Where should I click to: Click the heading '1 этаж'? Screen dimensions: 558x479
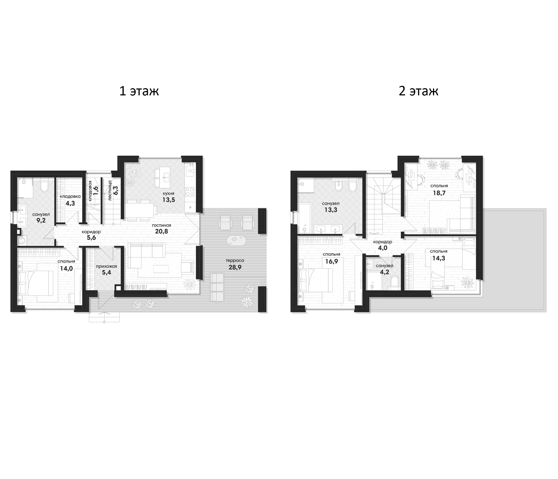tap(139, 91)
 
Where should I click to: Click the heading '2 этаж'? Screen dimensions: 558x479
tap(418, 91)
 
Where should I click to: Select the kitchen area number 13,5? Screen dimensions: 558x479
tap(169, 200)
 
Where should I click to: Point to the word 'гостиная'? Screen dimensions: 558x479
tap(161, 225)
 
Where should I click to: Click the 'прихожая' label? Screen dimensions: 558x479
tap(106, 266)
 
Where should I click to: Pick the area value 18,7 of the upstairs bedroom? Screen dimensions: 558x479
tap(439, 193)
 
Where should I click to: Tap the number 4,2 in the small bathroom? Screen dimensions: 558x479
tap(384, 272)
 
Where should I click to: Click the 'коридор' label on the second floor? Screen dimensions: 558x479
tap(383, 242)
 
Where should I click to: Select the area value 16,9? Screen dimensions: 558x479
tap(332, 261)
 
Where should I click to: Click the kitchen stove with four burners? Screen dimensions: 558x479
tap(190, 191)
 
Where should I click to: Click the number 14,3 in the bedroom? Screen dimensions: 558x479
tap(439, 258)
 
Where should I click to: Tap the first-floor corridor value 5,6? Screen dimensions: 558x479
tap(92, 238)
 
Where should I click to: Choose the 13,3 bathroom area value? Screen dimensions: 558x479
tap(331, 210)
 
